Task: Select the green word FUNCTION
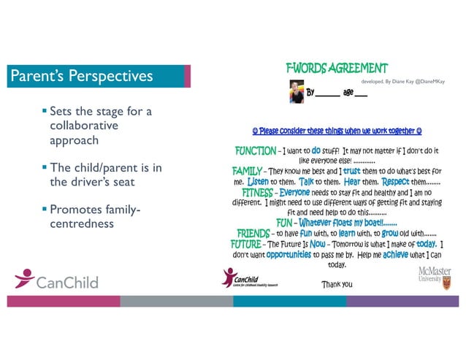255,150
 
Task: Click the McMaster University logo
434,277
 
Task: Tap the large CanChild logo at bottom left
56,279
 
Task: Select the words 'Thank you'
337,284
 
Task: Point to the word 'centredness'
81,223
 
